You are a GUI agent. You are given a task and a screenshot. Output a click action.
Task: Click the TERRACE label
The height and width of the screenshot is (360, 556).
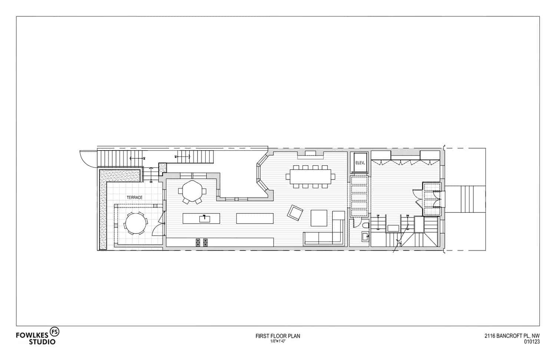[x=135, y=198]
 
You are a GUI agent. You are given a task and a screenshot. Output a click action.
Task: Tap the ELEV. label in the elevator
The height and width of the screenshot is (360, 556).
[x=360, y=163]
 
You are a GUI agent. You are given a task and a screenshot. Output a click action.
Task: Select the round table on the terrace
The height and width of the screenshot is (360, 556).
[x=135, y=224]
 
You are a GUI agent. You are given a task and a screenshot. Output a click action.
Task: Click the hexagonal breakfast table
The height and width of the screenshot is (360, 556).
[x=192, y=191]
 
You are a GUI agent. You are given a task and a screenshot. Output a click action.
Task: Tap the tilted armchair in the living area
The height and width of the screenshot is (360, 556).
[x=295, y=213]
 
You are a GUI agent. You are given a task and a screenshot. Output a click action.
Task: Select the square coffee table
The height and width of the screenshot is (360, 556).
[x=319, y=218]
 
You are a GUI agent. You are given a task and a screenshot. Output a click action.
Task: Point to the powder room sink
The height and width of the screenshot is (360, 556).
[x=364, y=236]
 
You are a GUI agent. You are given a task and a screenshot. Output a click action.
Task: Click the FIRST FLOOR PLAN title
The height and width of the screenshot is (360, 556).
[x=278, y=336]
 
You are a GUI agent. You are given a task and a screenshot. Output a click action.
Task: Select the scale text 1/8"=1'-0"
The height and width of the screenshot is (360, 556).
[x=278, y=341]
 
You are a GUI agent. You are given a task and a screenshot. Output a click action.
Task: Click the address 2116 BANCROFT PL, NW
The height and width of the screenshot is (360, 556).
[x=512, y=336]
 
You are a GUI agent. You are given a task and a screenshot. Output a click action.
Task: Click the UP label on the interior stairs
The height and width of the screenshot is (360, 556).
[x=378, y=216]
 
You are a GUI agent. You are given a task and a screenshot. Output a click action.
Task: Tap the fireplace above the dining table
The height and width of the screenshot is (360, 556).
[x=310, y=153]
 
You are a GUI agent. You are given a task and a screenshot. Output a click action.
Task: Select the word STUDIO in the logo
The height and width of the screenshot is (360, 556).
[x=42, y=341]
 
